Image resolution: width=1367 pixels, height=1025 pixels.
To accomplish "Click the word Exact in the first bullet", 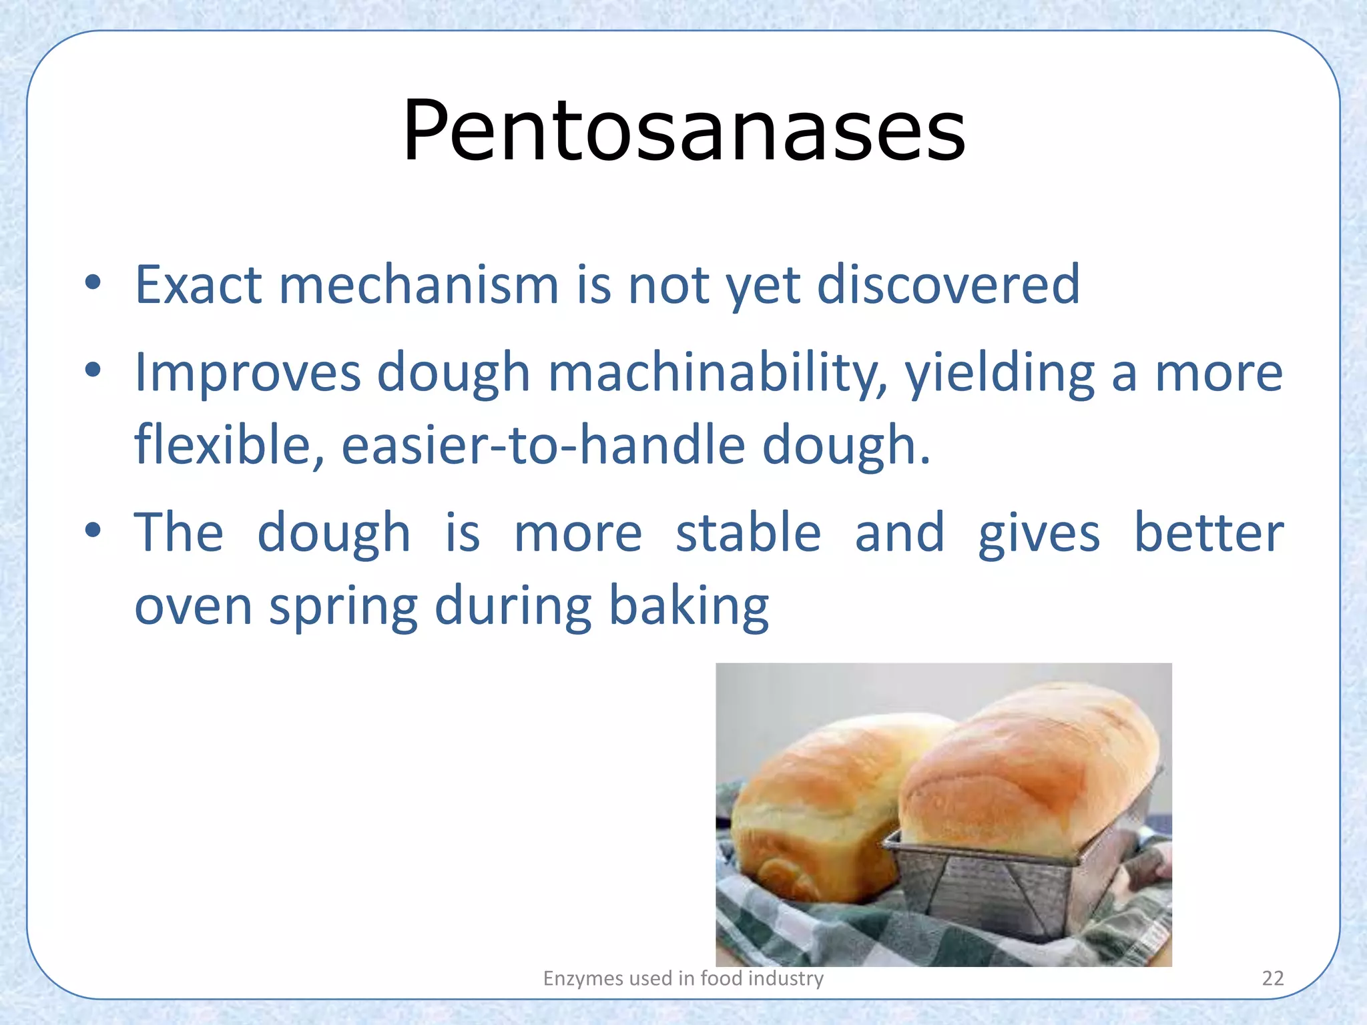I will click(198, 285).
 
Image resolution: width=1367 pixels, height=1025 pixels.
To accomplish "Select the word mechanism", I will click(419, 285).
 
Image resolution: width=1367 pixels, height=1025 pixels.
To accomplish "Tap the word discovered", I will click(948, 285).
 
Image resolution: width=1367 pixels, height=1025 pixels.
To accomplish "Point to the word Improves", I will click(248, 373).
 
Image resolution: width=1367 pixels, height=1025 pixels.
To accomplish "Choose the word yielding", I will click(999, 373).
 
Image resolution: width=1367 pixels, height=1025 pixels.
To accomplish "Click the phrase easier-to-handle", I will click(543, 445).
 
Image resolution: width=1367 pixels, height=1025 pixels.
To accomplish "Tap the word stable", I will click(748, 533).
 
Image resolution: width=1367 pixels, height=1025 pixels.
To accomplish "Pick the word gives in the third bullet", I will click(1039, 533).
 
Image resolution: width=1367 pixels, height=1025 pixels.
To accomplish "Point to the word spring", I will click(343, 607).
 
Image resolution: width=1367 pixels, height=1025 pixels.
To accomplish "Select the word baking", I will click(689, 607).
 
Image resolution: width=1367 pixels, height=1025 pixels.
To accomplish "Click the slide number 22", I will click(1273, 978).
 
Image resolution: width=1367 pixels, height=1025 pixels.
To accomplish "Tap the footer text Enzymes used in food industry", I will click(683, 978).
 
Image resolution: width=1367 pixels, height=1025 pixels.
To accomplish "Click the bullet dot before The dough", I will click(93, 531).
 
